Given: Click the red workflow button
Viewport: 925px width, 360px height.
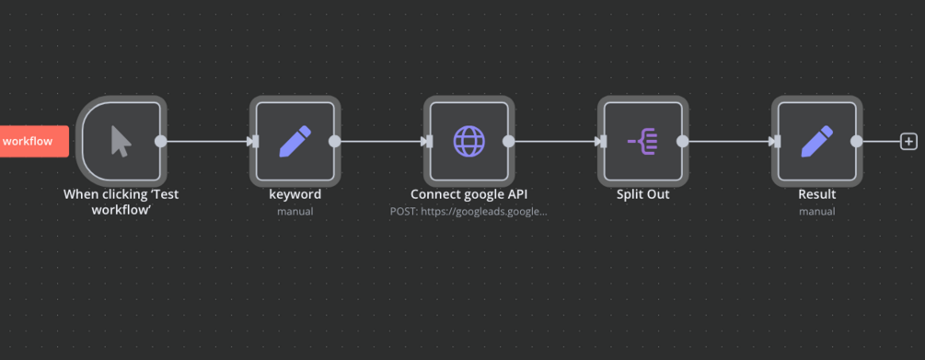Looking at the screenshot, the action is (x=34, y=142).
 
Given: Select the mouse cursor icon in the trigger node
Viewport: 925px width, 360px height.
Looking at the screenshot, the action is (x=121, y=142).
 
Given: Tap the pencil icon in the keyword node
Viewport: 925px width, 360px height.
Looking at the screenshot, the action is (x=295, y=142).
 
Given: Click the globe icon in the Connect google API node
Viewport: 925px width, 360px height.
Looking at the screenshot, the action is (x=469, y=142).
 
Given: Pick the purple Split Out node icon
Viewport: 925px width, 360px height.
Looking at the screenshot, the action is (x=643, y=142).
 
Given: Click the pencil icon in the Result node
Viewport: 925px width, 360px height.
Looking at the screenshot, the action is (x=817, y=142).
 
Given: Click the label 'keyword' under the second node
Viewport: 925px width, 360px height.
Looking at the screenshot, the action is (x=295, y=194).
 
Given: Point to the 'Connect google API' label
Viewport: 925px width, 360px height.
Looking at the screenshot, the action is (x=469, y=194).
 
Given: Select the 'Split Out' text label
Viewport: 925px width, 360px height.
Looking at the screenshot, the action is (x=643, y=194).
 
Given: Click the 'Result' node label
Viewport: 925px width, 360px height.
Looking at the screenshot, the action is (x=817, y=194).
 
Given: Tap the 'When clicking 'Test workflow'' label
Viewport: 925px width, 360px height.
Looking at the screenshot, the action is (x=121, y=202).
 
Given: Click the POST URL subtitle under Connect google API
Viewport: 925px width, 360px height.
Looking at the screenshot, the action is (x=469, y=211).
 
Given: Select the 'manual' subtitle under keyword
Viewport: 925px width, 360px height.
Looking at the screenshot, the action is (x=295, y=211).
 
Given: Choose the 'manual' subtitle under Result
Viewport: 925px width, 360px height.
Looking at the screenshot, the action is (x=817, y=211).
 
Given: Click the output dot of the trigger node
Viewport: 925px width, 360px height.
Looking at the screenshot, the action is (x=160, y=142).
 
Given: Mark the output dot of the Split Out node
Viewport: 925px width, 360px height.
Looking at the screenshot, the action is (x=683, y=142).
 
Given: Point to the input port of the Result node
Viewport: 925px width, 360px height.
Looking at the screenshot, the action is (x=778, y=142).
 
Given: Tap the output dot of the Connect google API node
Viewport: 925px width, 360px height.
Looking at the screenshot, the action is (x=508, y=142).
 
